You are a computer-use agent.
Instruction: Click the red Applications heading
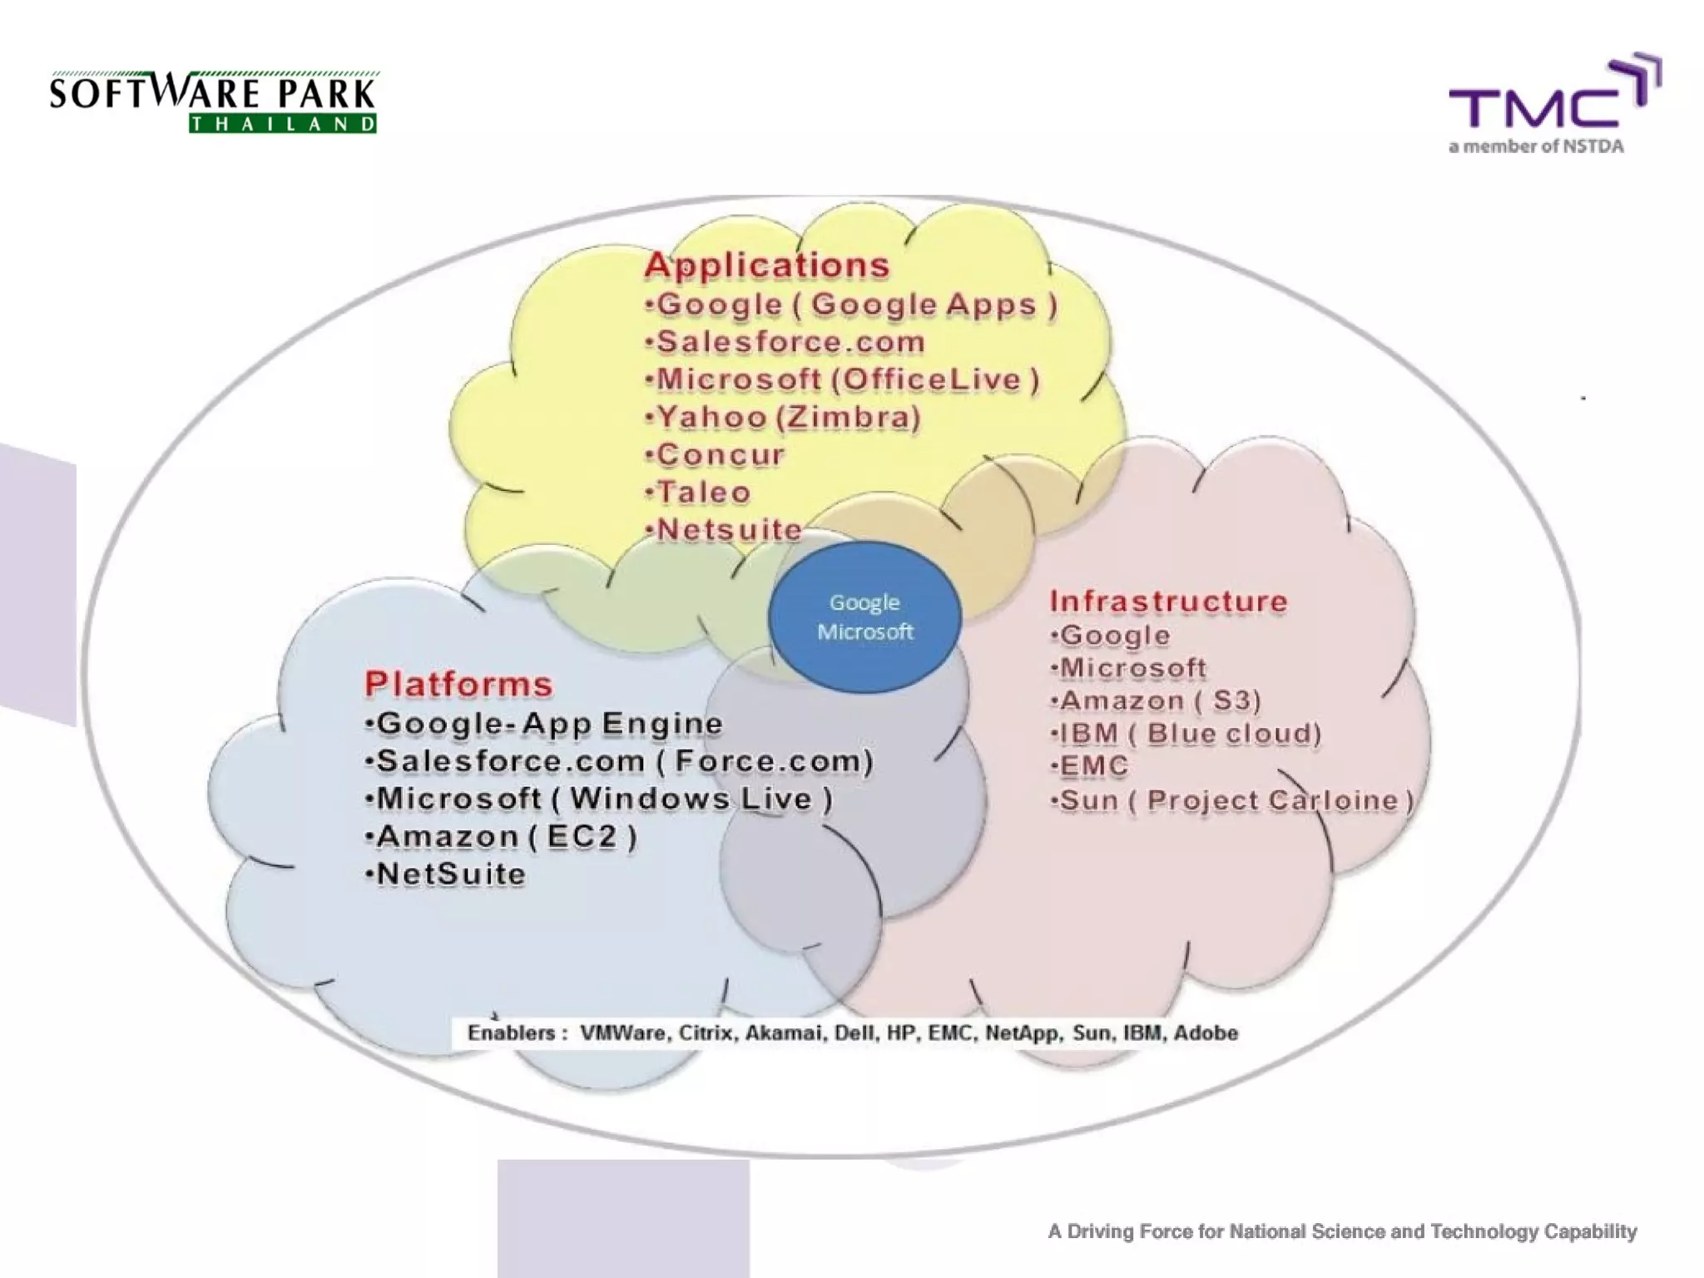pos(766,265)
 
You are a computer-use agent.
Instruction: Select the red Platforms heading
pos(458,684)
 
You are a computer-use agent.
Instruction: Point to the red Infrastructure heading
pos(1168,601)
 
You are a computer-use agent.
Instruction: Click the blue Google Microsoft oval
pos(864,617)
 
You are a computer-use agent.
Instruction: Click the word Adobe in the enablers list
pos(1206,1033)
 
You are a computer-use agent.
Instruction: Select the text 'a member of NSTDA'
pos(1536,147)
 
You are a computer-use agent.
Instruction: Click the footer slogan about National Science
pos(1342,1231)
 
